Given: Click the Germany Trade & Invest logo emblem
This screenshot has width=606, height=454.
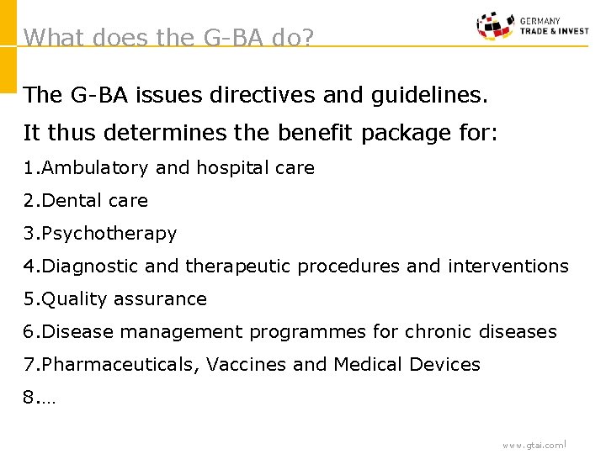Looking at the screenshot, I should click(x=495, y=26).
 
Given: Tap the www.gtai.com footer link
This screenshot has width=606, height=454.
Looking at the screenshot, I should click(x=534, y=445).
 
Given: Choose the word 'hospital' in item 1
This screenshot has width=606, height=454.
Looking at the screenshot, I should click(x=230, y=168).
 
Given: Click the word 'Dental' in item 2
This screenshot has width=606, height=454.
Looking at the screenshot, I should click(x=68, y=201).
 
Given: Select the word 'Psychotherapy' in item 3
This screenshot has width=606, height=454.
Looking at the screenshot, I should click(x=109, y=234).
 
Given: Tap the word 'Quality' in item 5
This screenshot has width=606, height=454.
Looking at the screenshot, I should click(x=69, y=299).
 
